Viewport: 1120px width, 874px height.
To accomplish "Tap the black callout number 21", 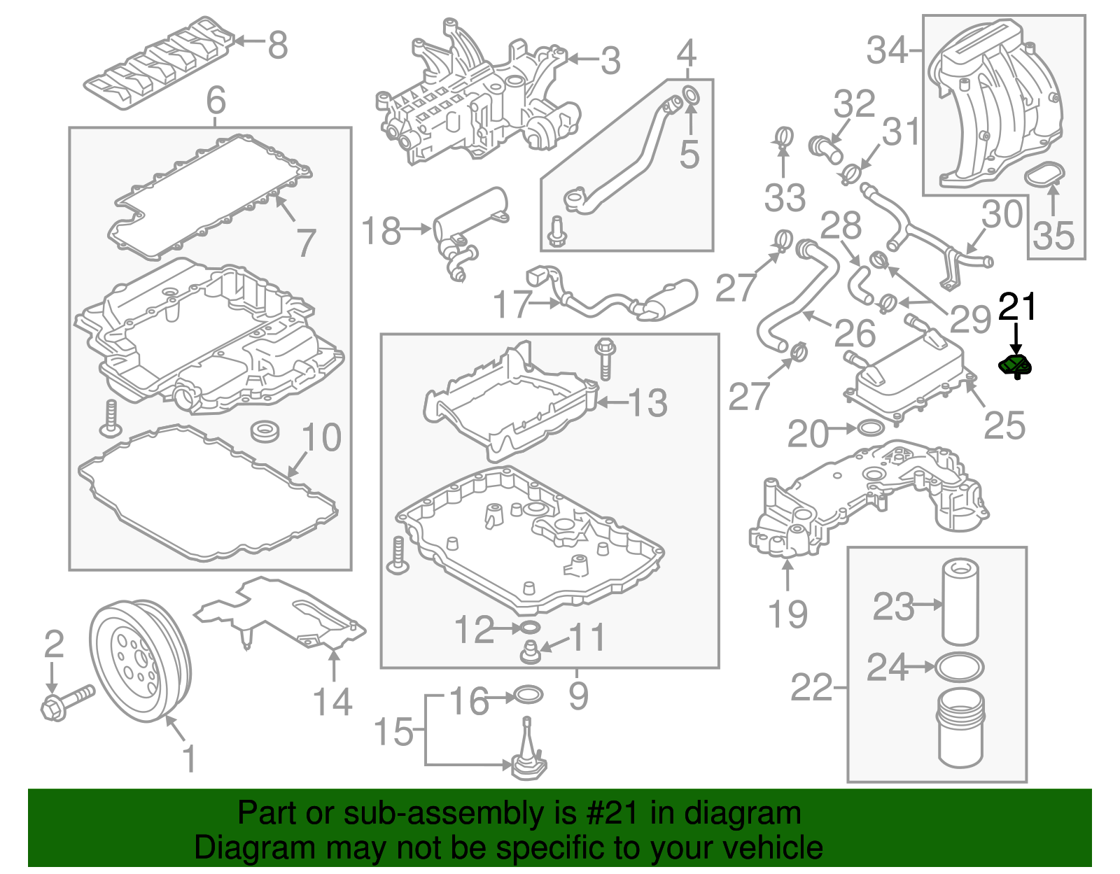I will click(1017, 307).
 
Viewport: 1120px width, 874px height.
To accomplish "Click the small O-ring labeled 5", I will click(689, 95).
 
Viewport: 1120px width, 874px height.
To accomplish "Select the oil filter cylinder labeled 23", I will click(960, 601).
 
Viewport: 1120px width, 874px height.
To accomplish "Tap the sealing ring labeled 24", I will click(960, 667).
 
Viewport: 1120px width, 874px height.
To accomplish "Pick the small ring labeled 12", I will click(530, 626).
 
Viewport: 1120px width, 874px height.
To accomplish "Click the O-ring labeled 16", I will click(528, 696).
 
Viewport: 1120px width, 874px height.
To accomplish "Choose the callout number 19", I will click(787, 614).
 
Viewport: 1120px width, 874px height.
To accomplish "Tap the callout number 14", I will click(332, 702).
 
